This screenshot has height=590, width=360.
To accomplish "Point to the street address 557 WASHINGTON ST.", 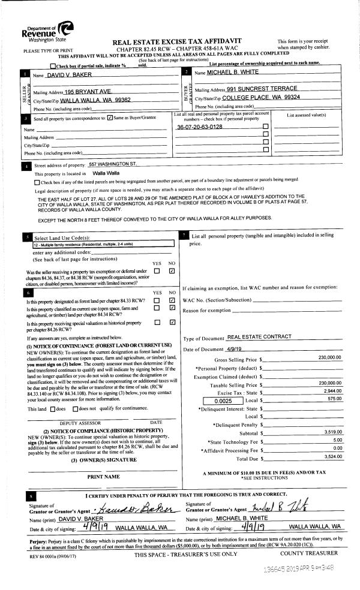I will coord(113,164).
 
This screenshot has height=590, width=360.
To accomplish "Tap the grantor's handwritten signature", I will coord(131,509).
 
